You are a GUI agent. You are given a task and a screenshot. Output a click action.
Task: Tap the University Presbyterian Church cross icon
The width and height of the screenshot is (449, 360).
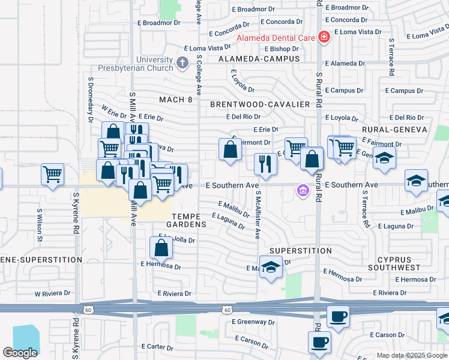(182, 62)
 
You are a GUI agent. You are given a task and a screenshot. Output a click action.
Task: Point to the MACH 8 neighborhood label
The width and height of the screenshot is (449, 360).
(176, 100)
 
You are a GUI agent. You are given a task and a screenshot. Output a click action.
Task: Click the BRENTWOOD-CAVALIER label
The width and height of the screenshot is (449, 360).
(260, 104)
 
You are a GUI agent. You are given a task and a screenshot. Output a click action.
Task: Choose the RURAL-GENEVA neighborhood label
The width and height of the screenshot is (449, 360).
(394, 129)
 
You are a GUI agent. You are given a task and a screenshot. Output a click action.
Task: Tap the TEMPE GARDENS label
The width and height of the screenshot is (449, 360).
(189, 220)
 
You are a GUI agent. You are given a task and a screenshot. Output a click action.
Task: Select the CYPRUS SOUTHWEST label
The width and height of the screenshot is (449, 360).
(399, 264)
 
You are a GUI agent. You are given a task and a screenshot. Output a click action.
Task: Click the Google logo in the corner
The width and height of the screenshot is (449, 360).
(20, 352)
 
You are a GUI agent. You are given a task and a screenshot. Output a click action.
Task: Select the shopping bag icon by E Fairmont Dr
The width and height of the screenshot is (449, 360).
(230, 149)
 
